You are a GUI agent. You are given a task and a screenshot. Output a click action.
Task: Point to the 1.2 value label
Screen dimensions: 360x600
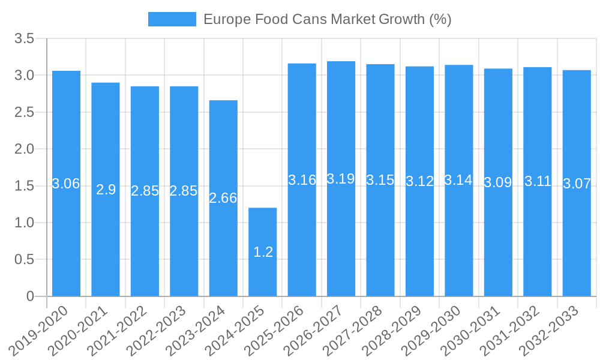pos(263,252)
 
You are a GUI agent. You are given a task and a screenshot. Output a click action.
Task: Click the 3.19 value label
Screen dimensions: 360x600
pos(341,179)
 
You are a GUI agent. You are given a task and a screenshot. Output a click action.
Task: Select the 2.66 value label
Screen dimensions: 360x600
pos(223,198)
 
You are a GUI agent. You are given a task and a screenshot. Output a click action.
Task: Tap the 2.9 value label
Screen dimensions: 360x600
pos(106,190)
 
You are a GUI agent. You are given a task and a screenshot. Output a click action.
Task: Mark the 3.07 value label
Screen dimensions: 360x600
pos(577,184)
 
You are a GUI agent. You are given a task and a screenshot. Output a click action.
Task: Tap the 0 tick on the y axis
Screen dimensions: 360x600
pos(31,296)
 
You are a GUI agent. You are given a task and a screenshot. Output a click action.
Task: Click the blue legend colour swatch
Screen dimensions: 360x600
pos(172,19)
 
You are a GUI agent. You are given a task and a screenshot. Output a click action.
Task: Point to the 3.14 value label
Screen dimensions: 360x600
pos(458,180)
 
